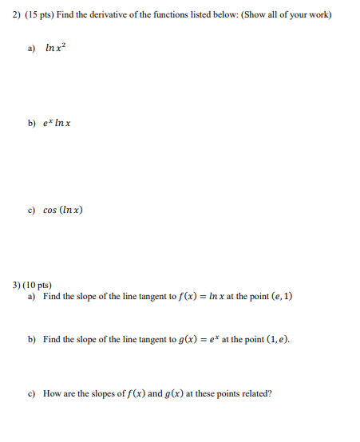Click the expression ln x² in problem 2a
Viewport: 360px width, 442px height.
click(x=57, y=49)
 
